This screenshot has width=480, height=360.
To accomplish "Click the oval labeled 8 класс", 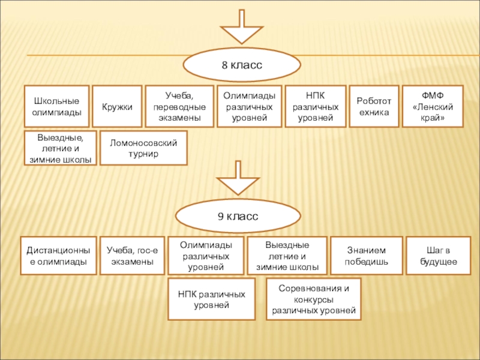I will [242, 65].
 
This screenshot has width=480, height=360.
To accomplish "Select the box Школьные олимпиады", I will [56, 106].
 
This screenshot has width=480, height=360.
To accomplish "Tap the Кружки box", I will [117, 106].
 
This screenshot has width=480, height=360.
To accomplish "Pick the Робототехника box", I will [373, 106].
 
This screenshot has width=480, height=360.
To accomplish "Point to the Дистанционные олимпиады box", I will [59, 256].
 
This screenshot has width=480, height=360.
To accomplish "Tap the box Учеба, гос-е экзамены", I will [131, 256].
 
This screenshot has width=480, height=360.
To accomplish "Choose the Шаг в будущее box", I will [436, 256].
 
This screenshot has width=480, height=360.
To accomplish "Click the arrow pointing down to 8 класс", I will [242, 28].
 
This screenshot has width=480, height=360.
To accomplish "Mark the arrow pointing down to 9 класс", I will [239, 178].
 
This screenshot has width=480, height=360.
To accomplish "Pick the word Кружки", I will [117, 106].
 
